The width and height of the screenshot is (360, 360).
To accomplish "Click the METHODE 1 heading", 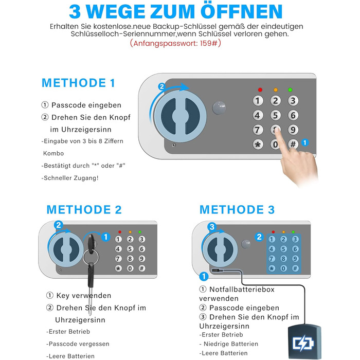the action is coord(78,83).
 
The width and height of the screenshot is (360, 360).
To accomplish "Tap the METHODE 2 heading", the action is coord(84,210).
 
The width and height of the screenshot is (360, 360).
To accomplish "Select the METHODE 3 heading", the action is coord(237,210).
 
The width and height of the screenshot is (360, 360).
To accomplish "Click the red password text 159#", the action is coord(208,43).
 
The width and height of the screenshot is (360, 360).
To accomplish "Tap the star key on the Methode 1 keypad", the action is coord(258,145).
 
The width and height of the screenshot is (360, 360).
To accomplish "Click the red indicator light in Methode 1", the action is coord(260,90).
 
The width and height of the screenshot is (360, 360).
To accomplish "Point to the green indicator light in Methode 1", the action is coord(290,90).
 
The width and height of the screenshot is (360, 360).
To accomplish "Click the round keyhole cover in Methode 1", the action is coord(219,107).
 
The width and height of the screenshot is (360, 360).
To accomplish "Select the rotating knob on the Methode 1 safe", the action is coord(180,116).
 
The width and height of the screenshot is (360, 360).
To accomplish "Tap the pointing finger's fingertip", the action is coord(277,130).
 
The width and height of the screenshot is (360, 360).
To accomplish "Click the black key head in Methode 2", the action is coord(91,243).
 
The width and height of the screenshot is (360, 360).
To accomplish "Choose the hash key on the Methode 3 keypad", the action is coord(295,268).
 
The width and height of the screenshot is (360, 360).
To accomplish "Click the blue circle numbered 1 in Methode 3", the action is coord(204,276).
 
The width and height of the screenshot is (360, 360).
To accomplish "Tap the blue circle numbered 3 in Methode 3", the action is coord(212,227).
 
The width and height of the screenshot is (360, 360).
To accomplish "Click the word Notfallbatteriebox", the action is coord(242,289).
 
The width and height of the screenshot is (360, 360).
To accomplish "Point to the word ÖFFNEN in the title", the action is coord(241,11).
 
